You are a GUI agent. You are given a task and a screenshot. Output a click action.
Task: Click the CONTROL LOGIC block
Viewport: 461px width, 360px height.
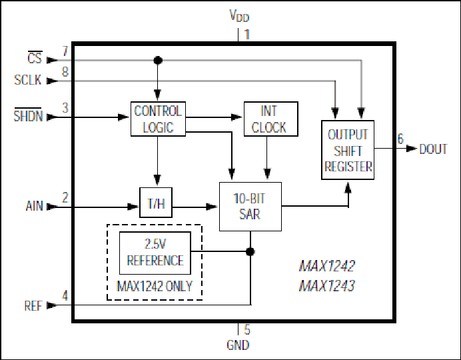158,119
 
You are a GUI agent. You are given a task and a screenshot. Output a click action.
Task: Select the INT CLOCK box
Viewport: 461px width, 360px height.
270,119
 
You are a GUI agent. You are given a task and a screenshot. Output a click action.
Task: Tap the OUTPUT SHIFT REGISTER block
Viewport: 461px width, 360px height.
348,150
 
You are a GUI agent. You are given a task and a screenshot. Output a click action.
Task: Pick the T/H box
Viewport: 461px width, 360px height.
156,203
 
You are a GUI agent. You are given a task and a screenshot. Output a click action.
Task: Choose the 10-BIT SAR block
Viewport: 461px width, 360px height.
250,207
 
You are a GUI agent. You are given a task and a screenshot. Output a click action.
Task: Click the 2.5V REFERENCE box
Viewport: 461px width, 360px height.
155,253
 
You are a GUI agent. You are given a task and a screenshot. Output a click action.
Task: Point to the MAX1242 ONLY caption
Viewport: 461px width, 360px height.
155,286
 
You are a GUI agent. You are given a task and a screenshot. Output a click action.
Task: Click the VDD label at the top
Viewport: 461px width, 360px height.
239,15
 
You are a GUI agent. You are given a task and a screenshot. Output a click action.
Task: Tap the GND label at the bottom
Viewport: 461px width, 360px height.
238,345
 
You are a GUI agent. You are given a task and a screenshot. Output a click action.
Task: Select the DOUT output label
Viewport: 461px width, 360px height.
434,149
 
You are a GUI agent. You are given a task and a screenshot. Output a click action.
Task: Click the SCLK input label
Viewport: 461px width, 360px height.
28,80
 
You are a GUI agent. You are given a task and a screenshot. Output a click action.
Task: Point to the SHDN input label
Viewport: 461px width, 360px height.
28,115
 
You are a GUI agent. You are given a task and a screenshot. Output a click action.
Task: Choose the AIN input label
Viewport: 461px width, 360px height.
35,206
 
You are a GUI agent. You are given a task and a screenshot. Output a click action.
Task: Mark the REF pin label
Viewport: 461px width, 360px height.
33,306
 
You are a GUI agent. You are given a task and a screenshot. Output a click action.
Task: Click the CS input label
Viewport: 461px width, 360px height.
35,57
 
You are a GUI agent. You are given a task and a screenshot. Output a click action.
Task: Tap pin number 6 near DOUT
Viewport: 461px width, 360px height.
400,139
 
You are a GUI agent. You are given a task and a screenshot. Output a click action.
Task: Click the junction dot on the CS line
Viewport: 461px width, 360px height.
158,60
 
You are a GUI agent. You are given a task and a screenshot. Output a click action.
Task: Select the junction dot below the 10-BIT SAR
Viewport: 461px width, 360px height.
250,251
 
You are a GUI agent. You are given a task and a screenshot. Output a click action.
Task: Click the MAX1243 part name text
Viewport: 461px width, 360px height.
327,285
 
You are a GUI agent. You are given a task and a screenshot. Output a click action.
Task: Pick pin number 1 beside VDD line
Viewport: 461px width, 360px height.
247,35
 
